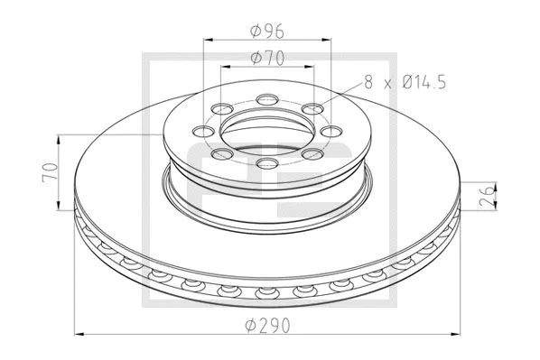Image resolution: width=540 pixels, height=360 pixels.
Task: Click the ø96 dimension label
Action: [x=267, y=31]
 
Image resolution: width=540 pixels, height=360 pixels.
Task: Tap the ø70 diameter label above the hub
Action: [x=267, y=58]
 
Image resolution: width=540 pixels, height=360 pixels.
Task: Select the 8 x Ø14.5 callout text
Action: [x=405, y=83]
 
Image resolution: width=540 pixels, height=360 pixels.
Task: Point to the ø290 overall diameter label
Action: [x=267, y=325]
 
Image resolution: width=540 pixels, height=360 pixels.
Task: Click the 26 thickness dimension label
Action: [x=487, y=196]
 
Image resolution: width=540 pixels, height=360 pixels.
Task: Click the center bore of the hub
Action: [x=267, y=132]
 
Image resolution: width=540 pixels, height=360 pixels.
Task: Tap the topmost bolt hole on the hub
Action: [x=267, y=100]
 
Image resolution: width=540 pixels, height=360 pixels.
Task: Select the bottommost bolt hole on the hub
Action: [x=267, y=162]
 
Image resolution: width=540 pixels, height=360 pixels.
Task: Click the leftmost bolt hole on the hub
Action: [x=203, y=131]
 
